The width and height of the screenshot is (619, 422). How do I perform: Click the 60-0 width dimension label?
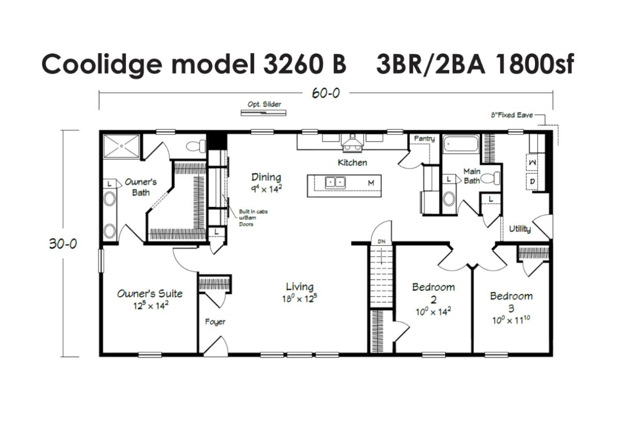coord(326,93)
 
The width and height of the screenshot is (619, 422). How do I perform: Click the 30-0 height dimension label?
coord(63,244)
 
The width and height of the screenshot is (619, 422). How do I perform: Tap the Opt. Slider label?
coord(264,104)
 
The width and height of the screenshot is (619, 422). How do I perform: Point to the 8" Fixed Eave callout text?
coord(512,115)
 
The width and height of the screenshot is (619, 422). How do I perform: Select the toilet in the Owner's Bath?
coord(196,146)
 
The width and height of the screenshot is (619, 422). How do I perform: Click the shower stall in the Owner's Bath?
coord(121,146)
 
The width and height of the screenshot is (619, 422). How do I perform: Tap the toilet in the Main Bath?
coord(491,178)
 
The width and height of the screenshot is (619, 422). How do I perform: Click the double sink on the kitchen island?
coord(335,183)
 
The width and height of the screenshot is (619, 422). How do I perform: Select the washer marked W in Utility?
coord(532,163)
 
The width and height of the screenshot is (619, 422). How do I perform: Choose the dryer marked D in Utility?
coord(532,182)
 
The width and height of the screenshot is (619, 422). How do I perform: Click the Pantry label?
coord(425,138)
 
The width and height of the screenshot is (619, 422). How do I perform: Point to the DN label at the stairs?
coord(382,241)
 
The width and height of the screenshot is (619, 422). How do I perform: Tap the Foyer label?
coord(215,322)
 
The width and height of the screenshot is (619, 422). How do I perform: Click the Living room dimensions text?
coord(300,299)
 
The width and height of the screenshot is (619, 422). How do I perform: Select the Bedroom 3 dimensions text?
coord(511,320)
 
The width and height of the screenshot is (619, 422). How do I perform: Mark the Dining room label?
coord(266,177)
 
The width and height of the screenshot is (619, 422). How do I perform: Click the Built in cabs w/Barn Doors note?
coord(253,218)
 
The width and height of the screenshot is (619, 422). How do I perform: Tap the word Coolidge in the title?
coord(102,64)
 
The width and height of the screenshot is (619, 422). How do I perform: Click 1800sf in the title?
coord(535,64)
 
